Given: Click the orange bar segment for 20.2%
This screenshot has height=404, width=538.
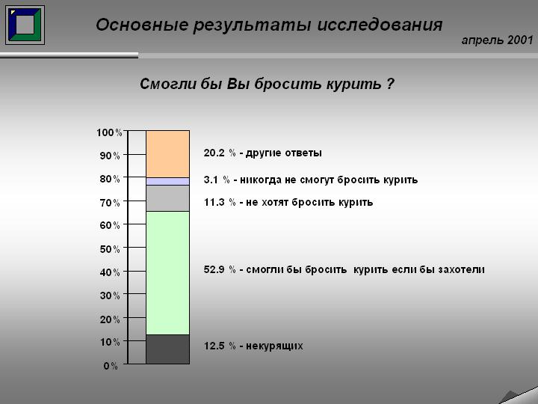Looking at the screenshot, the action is click(168, 154).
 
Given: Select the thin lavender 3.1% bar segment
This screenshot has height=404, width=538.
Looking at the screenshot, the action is click(168, 181).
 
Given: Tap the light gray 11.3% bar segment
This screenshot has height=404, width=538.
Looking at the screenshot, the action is click(168, 198).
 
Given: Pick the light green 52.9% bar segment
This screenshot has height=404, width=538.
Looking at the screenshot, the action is click(168, 273).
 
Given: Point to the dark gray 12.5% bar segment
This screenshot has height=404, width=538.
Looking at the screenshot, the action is click(168, 349).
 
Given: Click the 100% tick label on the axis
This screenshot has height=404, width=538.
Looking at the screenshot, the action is click(109, 132).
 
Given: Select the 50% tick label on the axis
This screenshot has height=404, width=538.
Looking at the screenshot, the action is click(110, 249).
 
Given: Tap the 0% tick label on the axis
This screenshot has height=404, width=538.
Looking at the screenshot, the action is click(111, 366).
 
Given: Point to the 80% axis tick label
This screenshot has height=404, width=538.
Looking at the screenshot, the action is click(110, 179).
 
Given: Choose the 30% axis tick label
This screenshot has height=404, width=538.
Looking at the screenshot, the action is click(110, 296).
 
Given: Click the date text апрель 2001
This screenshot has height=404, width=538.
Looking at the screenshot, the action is click(497, 40).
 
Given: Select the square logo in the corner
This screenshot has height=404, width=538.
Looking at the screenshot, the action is click(25, 25).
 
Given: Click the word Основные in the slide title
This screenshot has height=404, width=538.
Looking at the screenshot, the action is click(142, 25).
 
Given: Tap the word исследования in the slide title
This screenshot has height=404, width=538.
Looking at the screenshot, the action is click(380, 25).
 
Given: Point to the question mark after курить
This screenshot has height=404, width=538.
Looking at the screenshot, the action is click(390, 84).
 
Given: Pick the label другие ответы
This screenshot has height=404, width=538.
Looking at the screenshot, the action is click(284, 153).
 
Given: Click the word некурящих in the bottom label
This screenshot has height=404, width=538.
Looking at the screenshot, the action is click(274, 346).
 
